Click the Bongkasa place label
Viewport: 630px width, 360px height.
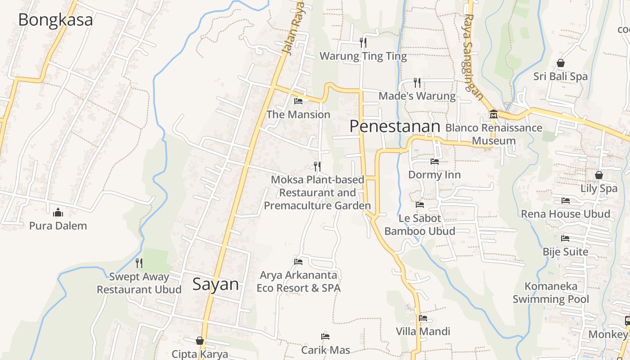(x=55, y=20)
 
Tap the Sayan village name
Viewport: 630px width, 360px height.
(x=216, y=284)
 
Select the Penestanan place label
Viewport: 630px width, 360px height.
(x=395, y=126)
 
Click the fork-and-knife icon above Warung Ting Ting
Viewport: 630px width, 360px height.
(x=363, y=43)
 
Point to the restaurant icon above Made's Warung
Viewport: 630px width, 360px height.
(x=417, y=82)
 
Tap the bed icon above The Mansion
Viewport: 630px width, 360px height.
(x=298, y=101)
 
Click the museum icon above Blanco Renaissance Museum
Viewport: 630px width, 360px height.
(x=493, y=114)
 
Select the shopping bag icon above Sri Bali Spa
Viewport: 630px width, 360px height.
(x=561, y=63)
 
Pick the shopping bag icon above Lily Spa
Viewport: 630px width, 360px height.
(x=599, y=175)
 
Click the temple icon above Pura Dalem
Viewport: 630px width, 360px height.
(x=58, y=212)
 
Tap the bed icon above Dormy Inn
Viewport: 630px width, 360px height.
(x=434, y=161)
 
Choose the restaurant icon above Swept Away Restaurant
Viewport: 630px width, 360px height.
(x=139, y=263)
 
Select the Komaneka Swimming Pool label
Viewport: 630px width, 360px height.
(x=551, y=292)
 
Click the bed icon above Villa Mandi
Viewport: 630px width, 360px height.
(x=423, y=318)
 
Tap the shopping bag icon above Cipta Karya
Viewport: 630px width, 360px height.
(x=200, y=341)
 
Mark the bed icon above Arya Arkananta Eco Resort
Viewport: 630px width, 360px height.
(x=298, y=262)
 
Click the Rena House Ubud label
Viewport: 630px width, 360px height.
(x=566, y=214)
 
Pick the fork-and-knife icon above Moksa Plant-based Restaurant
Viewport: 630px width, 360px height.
(x=317, y=166)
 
